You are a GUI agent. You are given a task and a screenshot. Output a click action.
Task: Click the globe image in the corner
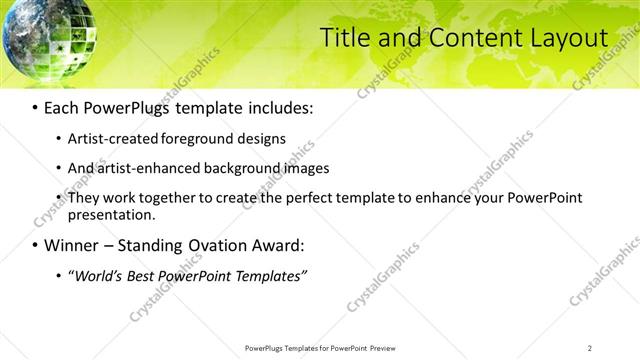38,34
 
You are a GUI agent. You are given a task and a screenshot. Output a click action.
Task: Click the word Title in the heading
342,38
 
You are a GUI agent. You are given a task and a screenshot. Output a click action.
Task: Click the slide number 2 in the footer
590,348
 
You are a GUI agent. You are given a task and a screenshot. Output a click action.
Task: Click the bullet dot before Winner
36,245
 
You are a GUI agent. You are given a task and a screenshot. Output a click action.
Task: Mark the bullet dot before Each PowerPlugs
36,107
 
